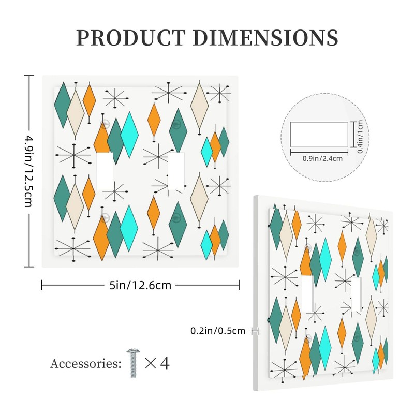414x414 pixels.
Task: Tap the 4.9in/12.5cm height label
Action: point(28,171)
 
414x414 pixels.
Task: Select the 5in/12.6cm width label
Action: point(140,284)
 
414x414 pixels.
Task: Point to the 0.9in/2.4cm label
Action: point(322,159)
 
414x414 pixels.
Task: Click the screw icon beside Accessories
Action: point(133,363)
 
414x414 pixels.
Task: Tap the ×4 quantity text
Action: point(157,363)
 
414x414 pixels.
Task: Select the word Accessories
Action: point(86,363)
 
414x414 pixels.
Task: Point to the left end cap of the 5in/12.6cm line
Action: point(41,284)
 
